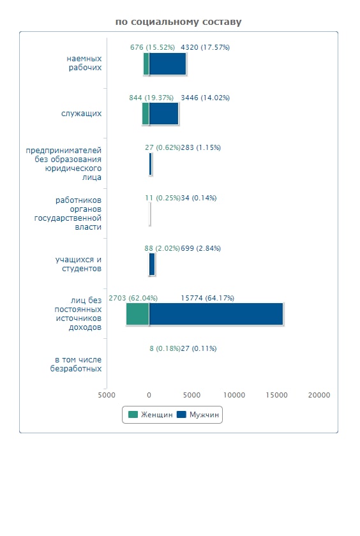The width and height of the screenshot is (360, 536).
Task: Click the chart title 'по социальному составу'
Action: (179, 22)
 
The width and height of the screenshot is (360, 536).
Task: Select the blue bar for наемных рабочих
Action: (167, 64)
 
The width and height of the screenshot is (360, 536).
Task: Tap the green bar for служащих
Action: (146, 114)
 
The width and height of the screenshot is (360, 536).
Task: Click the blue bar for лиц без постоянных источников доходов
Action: (216, 314)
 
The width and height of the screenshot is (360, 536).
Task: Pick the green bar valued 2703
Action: (138, 314)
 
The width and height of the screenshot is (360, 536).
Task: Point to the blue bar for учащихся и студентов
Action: (152, 264)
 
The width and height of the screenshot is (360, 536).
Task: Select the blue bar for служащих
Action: (164, 114)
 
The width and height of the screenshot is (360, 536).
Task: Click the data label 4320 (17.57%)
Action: (205, 47)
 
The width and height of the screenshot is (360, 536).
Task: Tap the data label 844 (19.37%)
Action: (151, 98)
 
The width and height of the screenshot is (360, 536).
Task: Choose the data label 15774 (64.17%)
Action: (207, 298)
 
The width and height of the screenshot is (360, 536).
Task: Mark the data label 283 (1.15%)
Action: (200, 147)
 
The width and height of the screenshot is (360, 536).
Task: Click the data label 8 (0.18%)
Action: (165, 348)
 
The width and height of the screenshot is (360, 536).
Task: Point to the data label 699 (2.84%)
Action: (200, 248)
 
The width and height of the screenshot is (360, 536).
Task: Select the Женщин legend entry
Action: (151, 415)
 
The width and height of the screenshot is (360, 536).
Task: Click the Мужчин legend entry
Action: (198, 415)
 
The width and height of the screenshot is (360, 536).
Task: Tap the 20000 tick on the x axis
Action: (319, 395)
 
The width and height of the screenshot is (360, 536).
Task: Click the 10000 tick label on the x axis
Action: (234, 395)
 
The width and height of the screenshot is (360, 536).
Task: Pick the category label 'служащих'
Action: (81, 114)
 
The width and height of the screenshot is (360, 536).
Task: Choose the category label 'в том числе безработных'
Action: (76, 364)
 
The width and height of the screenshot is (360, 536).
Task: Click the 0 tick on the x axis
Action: (149, 395)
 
